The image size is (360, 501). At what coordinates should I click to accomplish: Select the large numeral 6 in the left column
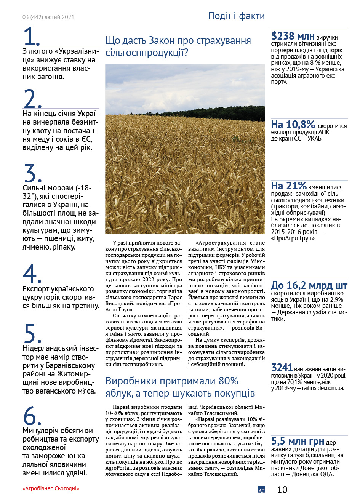click(x=32, y=415)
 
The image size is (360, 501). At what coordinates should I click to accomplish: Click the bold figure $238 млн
click(x=293, y=36)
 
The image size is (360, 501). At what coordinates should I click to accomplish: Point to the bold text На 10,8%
click(x=293, y=125)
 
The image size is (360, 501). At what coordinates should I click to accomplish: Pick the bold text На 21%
click(x=289, y=186)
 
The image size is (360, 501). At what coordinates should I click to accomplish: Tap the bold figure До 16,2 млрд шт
click(x=309, y=286)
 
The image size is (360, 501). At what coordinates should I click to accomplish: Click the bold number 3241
click(x=282, y=368)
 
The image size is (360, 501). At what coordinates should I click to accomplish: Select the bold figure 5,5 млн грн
click(x=298, y=442)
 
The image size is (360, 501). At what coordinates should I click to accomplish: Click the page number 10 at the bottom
click(x=282, y=490)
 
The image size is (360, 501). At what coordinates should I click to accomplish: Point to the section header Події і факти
click(x=236, y=16)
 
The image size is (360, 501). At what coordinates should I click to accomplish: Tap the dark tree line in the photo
click(x=213, y=113)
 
